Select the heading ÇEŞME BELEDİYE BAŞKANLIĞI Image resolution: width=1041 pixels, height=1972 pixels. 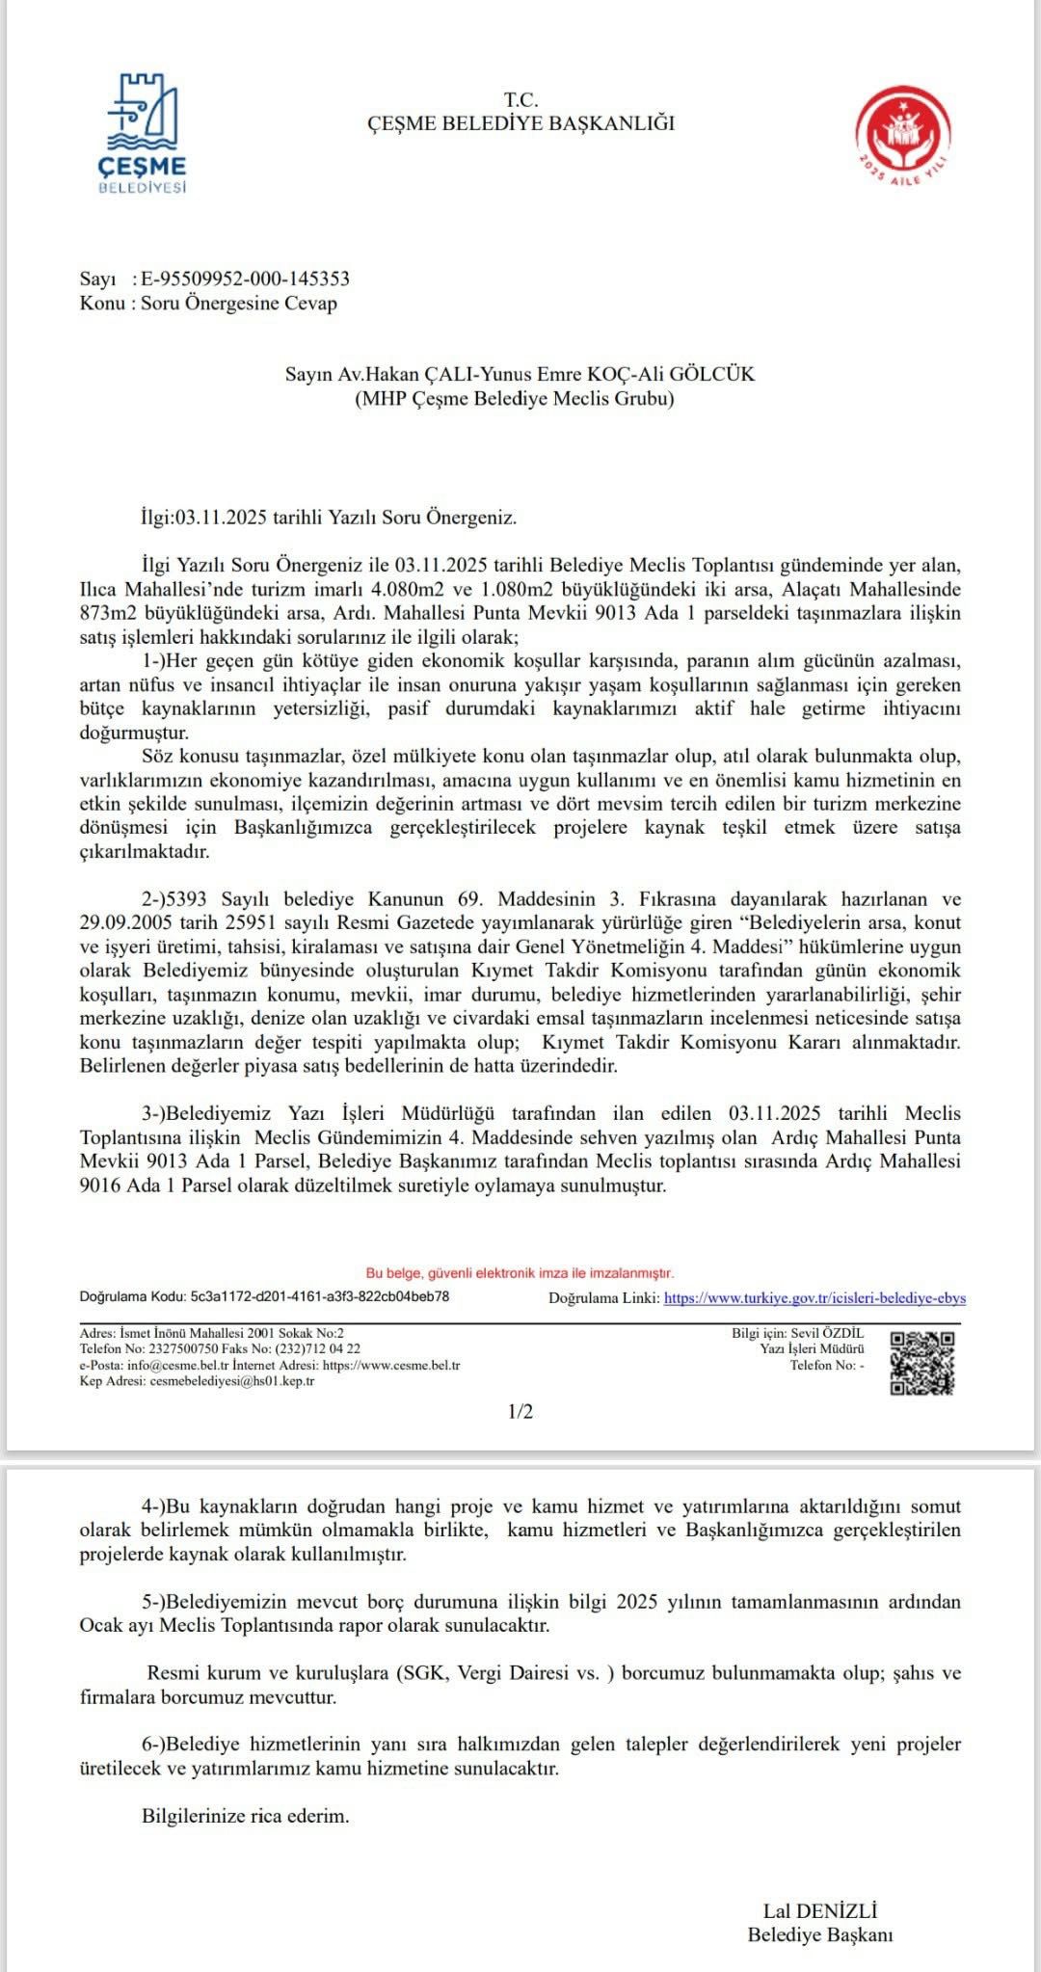click(520, 123)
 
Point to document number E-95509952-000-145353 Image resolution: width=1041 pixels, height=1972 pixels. click(245, 279)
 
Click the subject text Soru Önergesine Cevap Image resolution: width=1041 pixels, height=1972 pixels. click(239, 303)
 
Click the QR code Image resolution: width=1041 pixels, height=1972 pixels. click(921, 1363)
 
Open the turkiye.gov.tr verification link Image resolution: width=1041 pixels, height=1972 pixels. click(814, 1298)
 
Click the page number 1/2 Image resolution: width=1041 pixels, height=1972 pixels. click(520, 1412)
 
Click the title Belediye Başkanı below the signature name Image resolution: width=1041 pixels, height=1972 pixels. click(820, 1934)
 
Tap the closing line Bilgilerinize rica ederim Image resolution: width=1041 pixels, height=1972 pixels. click(246, 1816)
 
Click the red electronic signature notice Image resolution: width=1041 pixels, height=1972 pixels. click(520, 1273)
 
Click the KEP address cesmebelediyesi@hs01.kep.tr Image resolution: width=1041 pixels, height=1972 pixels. click(231, 1380)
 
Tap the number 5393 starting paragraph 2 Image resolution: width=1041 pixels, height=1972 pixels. click(188, 899)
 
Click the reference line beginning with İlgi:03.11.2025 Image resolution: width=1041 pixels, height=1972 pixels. click(329, 517)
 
